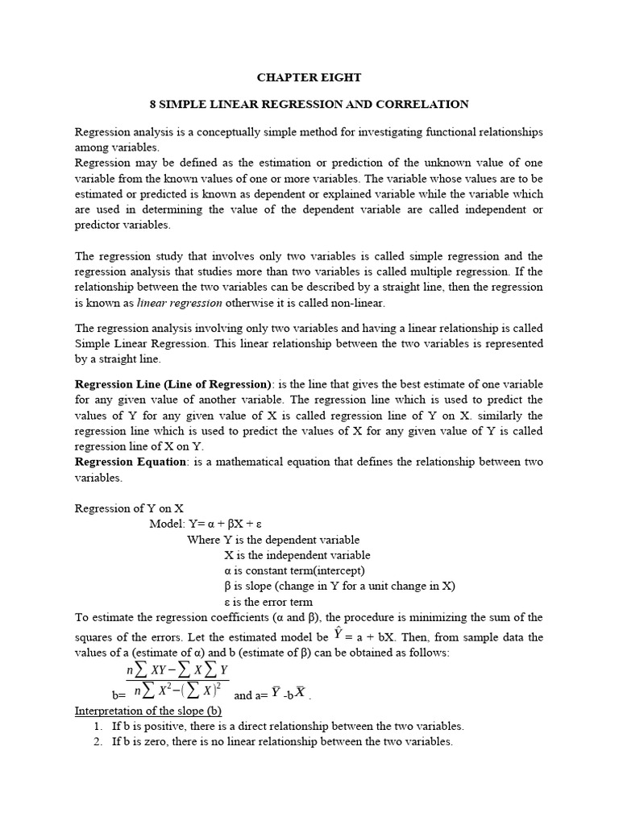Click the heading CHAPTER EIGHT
point(309,78)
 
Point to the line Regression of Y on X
point(129,508)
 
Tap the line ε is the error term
point(268,602)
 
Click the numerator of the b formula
point(177,670)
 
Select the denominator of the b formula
point(178,690)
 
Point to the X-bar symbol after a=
point(300,693)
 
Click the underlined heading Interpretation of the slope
point(147,711)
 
